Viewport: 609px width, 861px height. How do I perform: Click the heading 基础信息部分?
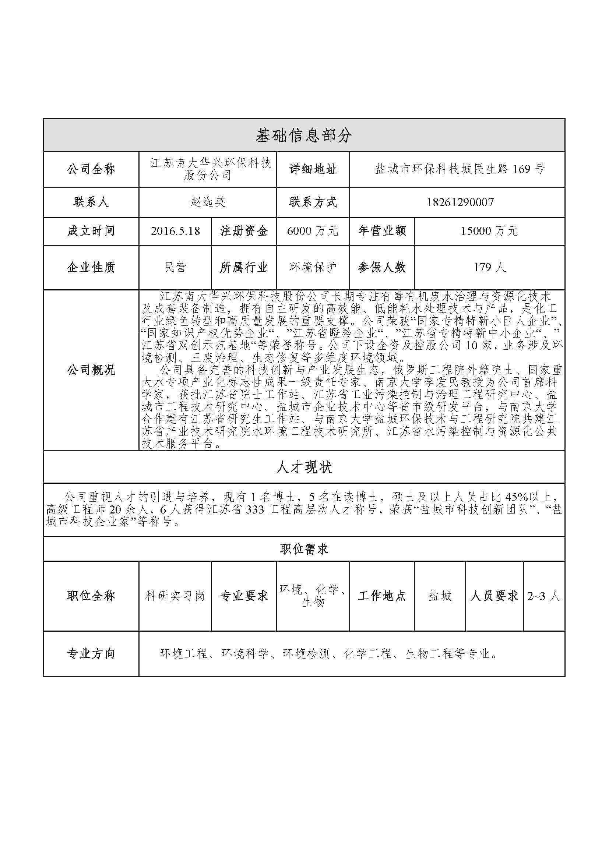(304, 135)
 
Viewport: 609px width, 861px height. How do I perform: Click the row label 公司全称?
(91, 169)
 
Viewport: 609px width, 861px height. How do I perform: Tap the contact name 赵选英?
(207, 202)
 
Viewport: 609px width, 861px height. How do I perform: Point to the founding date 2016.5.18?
(175, 231)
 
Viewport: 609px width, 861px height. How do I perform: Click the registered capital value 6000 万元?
(313, 231)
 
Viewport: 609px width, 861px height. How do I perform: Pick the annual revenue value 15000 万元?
(489, 231)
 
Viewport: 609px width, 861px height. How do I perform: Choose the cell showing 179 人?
(489, 267)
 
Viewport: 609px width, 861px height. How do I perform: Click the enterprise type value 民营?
(175, 267)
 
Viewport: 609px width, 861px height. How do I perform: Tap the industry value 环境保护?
(313, 267)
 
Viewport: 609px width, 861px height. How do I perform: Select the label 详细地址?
(313, 169)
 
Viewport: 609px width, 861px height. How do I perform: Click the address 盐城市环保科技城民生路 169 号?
(460, 169)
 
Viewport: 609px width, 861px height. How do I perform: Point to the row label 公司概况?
(91, 370)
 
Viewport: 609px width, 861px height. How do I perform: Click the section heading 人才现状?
(304, 467)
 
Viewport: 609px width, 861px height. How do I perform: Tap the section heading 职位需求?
(304, 549)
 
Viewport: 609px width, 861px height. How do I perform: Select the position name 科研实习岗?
(175, 596)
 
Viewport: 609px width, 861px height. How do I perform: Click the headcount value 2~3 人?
(543, 596)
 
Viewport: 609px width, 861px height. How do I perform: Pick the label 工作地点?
(382, 596)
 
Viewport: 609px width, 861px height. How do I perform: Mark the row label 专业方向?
(91, 654)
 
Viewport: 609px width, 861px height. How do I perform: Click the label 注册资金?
(244, 231)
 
